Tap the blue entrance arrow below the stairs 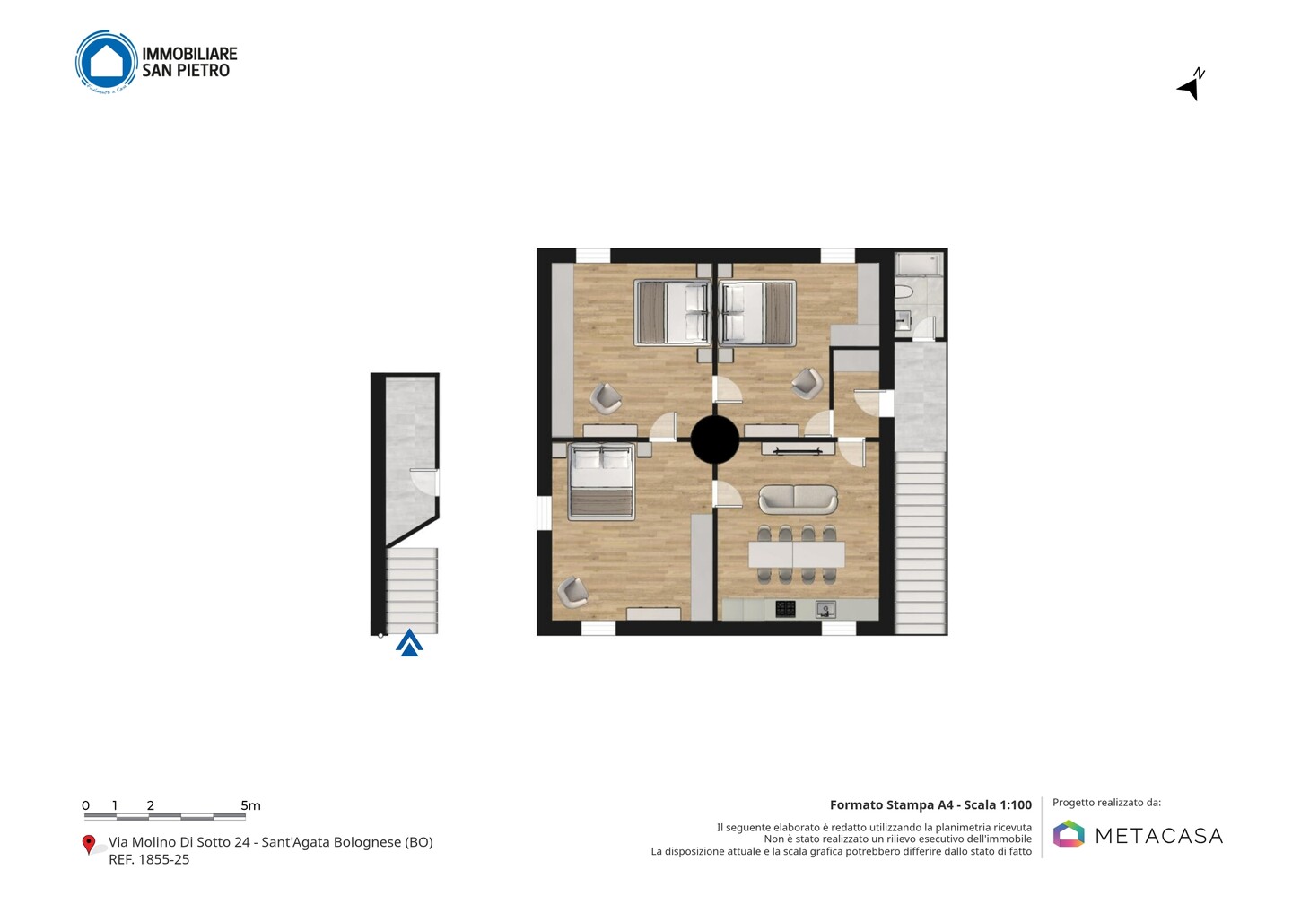(x=409, y=643)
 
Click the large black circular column (x=714, y=439)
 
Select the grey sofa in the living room (x=799, y=500)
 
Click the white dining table (x=797, y=554)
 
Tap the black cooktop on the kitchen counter (x=785, y=609)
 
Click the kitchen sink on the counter (x=825, y=609)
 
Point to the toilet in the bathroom (x=904, y=292)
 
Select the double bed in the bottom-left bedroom (x=601, y=482)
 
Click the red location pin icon (x=88, y=845)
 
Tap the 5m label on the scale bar (x=250, y=805)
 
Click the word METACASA (x=1159, y=836)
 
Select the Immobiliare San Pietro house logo (x=107, y=62)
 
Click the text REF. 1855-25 (x=149, y=859)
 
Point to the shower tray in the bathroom (x=920, y=265)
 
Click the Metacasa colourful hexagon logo (x=1069, y=833)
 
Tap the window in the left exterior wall (x=544, y=512)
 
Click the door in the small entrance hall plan (x=424, y=482)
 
